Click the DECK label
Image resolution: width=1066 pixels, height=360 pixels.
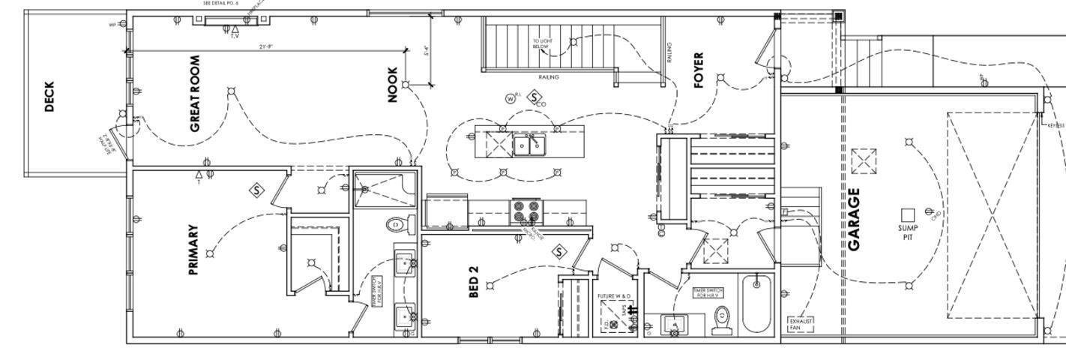49,97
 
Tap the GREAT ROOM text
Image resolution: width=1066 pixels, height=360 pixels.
195,94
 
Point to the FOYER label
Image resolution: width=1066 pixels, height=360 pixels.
699,70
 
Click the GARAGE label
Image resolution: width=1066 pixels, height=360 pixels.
855,219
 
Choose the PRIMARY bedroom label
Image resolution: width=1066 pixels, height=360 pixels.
194,249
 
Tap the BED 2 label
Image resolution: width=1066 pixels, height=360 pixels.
474,282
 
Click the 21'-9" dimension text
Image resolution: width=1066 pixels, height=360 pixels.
266,46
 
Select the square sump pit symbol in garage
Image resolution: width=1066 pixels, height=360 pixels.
908,214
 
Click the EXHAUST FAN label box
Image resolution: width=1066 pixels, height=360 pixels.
799,324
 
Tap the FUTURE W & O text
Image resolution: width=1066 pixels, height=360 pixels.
614,296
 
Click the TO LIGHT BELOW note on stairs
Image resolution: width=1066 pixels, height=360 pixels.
541,43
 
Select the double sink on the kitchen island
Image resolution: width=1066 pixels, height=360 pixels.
530,144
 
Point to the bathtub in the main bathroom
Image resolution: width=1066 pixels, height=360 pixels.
756,304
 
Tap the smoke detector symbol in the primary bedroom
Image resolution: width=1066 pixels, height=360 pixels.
257,190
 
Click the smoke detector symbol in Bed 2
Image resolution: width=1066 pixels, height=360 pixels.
558,252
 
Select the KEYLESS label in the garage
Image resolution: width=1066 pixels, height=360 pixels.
1056,125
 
